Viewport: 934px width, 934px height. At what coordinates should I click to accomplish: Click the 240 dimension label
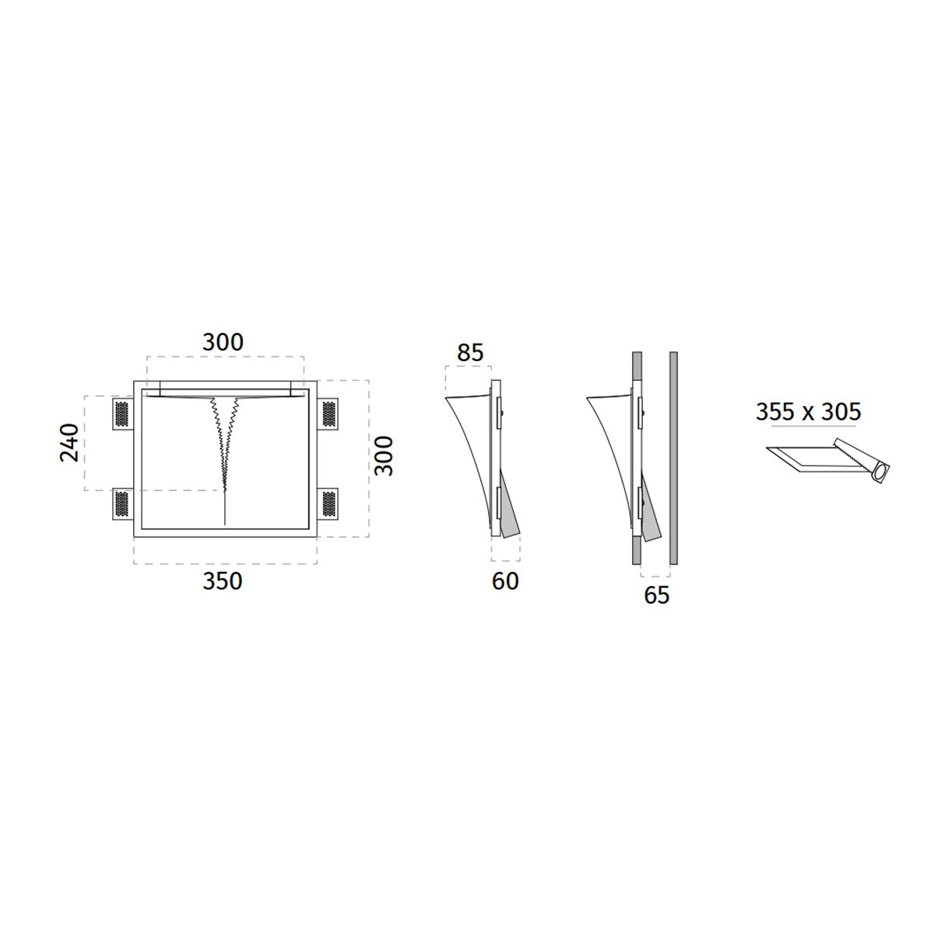(x=68, y=443)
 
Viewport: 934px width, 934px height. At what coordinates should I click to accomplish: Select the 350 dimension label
(x=222, y=581)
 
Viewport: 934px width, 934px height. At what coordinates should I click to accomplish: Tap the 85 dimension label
(x=470, y=353)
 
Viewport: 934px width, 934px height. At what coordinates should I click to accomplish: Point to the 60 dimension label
(x=505, y=581)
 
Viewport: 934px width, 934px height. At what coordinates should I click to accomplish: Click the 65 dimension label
(x=657, y=595)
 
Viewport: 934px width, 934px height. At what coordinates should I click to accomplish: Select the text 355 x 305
(x=809, y=412)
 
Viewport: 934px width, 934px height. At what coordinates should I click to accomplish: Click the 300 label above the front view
(x=223, y=342)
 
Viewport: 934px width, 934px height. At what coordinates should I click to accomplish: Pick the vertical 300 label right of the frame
(x=384, y=456)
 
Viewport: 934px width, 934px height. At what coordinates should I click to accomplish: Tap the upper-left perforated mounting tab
(x=122, y=413)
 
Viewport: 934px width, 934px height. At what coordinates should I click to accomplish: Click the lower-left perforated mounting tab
(x=122, y=504)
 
